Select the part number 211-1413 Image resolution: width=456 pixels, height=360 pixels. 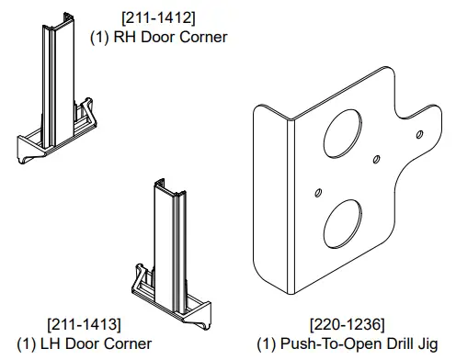tap(87, 324)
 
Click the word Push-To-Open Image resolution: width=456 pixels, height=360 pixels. tap(321, 343)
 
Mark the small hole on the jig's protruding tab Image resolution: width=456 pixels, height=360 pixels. tap(421, 135)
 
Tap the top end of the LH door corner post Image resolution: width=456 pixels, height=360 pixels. tap(166, 187)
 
